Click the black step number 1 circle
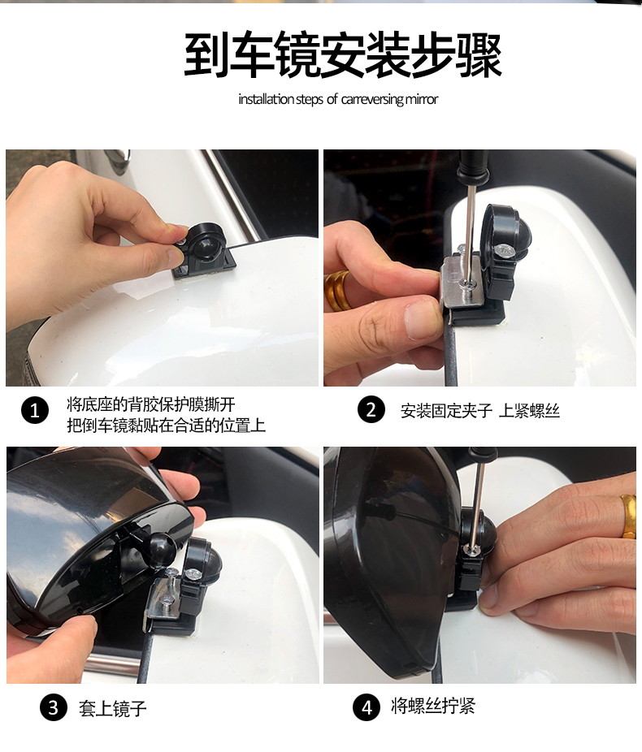click(35, 411)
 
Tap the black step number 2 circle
click(371, 409)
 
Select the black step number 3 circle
click(54, 707)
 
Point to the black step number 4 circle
click(367, 707)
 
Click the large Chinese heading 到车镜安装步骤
click(343, 55)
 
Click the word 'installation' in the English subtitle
click(267, 99)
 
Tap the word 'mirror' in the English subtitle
click(422, 99)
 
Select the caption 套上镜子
click(113, 708)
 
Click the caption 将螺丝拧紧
click(433, 706)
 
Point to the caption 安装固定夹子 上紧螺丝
click(480, 411)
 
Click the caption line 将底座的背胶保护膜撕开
click(151, 404)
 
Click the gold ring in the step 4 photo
click(628, 516)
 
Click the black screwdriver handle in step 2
click(473, 168)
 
